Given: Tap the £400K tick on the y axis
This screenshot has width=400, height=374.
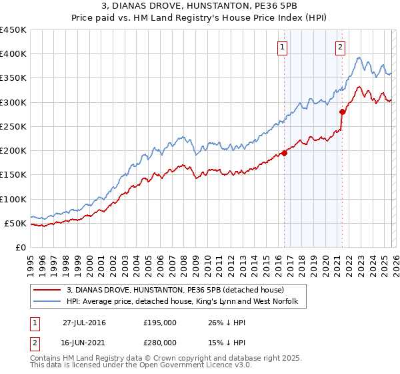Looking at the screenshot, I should click(x=13, y=54).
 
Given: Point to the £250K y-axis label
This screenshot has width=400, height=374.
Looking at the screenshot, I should click(x=13, y=126).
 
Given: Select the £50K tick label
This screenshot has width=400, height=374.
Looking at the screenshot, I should click(x=16, y=223).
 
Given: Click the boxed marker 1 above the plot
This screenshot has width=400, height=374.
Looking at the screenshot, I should click(x=283, y=47).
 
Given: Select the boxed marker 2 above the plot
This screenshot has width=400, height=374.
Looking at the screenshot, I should click(x=341, y=47).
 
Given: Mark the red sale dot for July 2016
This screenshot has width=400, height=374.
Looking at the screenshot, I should click(x=284, y=153).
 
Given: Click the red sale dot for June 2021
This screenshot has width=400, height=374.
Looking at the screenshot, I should click(x=342, y=112).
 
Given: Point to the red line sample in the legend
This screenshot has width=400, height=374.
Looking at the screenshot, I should click(x=47, y=291).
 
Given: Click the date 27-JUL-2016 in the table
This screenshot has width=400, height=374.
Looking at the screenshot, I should click(x=85, y=323).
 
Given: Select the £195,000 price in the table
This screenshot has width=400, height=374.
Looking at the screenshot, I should click(x=160, y=323).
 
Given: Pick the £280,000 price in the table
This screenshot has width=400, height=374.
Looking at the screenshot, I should click(x=160, y=341).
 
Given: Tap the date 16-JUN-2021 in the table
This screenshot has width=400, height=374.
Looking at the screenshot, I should click(x=85, y=341).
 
